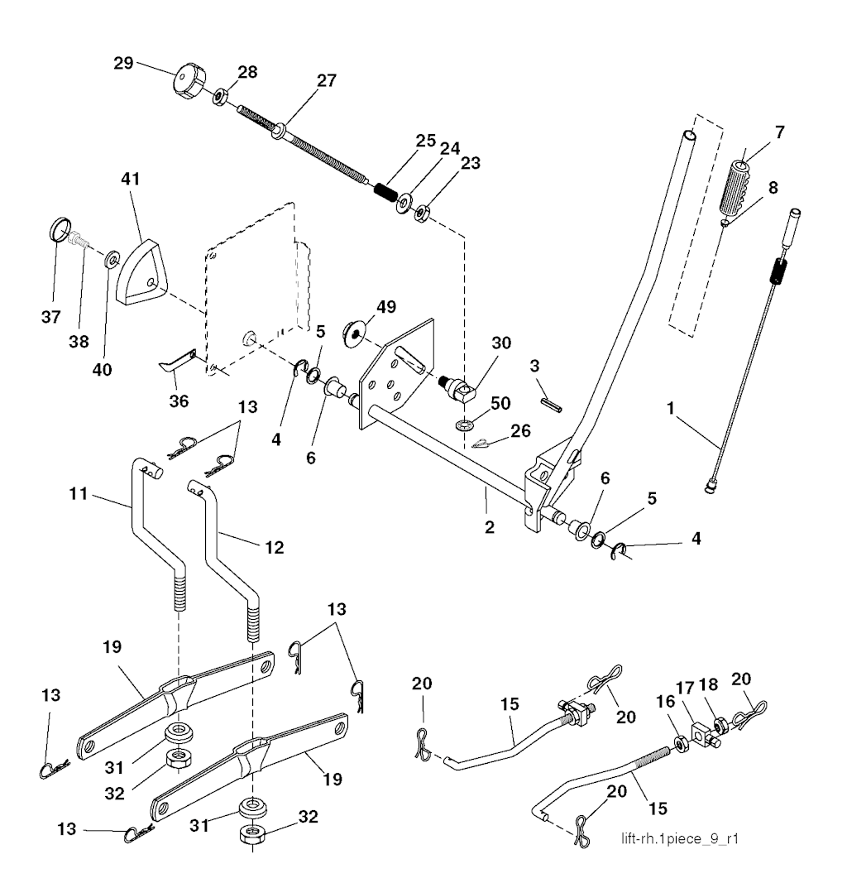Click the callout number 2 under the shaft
point(490,526)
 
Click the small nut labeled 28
point(221,97)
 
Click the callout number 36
point(179,401)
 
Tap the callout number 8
point(773,188)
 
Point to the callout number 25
point(427,141)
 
